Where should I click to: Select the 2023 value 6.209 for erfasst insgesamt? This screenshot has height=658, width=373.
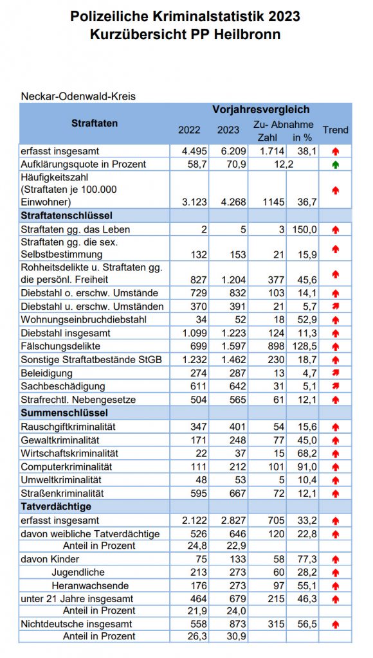coord(228,151)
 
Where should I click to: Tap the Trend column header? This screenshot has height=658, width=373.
coord(335,130)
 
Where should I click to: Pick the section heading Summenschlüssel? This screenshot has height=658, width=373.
coord(64,413)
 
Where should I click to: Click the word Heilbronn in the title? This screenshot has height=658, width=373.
coord(248,35)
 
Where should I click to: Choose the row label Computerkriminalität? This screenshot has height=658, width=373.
coord(67,467)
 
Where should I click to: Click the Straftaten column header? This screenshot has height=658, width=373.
coord(95,123)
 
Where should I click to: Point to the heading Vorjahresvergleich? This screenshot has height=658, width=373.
coord(260,110)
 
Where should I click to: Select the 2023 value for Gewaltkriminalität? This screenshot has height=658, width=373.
coord(228,440)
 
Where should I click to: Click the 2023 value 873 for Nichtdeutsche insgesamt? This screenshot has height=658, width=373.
coord(228,624)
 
